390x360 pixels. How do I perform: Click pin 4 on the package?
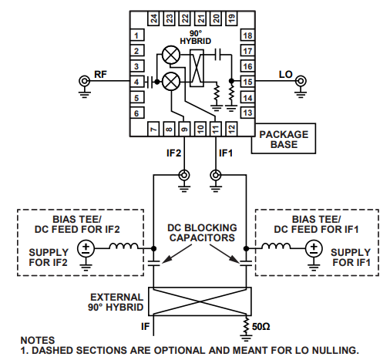137,82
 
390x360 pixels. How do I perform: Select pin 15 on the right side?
247,82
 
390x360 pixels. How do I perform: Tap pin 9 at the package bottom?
184,128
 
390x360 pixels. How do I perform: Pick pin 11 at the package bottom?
216,128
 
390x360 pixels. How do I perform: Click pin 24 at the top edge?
153,19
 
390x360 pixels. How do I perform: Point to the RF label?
100,75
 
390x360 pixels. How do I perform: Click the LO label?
286,75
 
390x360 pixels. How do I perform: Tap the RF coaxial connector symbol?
84,81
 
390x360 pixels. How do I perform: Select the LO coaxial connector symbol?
301,81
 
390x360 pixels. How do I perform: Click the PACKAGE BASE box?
284,139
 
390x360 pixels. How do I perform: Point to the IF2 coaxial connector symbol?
184,176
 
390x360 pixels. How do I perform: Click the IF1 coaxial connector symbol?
216,176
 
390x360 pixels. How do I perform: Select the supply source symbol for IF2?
86,248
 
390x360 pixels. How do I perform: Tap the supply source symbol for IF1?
314,248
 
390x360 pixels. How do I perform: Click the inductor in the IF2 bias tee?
124,246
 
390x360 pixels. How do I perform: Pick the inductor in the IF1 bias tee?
276,246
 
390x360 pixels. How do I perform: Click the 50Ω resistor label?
261,327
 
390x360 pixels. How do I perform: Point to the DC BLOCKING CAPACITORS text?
202,233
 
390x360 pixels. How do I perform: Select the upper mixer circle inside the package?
171,55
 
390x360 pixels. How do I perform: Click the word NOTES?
38,340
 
